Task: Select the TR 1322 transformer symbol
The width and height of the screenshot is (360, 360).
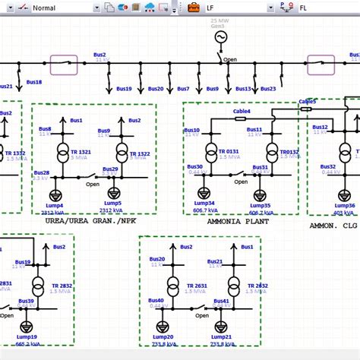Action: [x=114, y=156]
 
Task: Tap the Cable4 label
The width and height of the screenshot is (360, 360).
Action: [x=241, y=111]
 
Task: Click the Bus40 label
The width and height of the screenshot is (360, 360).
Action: [x=156, y=302]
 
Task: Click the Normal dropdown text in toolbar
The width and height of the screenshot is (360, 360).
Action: [x=44, y=8]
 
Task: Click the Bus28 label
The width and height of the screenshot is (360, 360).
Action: [x=41, y=173]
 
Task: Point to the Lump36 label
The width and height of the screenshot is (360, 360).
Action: [x=345, y=205]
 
